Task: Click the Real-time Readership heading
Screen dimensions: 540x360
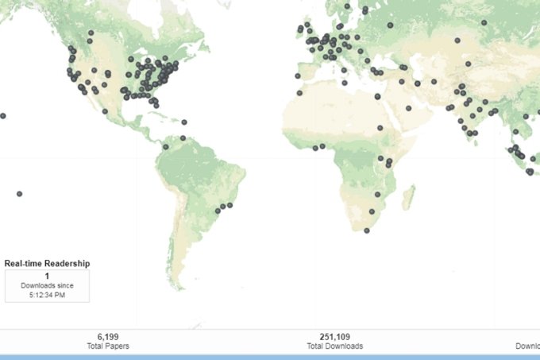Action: click(x=47, y=263)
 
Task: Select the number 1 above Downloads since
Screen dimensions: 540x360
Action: click(x=47, y=276)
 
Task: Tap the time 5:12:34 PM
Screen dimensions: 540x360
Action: click(x=47, y=295)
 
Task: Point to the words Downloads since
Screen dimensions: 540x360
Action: click(x=47, y=285)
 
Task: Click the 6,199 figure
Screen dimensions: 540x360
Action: click(x=108, y=337)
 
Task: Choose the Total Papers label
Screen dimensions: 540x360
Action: click(x=108, y=346)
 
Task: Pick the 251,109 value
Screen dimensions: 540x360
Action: click(x=334, y=337)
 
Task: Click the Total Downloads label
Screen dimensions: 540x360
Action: click(x=334, y=346)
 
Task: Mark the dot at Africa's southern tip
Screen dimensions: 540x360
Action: click(x=367, y=230)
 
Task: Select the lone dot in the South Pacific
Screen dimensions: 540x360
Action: click(x=19, y=194)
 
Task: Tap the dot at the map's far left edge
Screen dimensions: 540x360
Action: click(x=3, y=115)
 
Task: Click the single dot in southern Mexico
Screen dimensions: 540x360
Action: click(x=106, y=111)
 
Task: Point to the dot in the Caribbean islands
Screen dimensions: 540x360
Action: click(x=184, y=122)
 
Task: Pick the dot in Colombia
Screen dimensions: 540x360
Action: click(x=166, y=146)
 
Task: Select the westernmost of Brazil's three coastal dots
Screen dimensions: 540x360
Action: click(x=218, y=211)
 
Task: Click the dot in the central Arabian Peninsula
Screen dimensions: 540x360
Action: click(x=408, y=108)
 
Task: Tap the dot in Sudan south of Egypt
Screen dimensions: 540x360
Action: click(x=380, y=127)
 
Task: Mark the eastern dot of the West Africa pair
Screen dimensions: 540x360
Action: click(x=323, y=146)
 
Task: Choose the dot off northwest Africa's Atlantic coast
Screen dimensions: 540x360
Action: click(x=299, y=93)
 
